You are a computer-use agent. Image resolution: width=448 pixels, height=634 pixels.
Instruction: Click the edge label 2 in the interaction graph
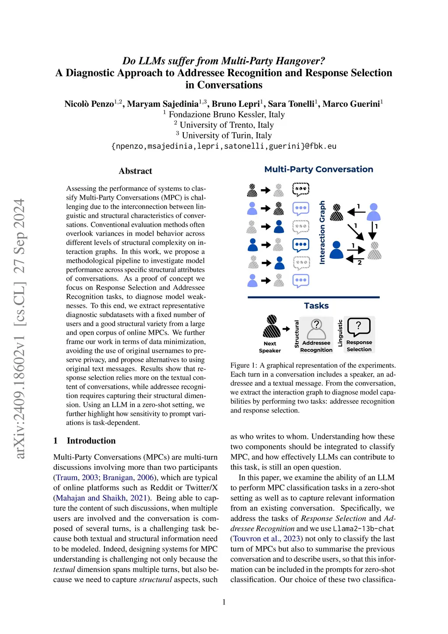(x=360, y=263)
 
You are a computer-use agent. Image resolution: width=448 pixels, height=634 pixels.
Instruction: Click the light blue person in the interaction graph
(x=373, y=212)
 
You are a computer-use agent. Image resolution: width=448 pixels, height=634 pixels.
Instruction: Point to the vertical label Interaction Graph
(x=322, y=232)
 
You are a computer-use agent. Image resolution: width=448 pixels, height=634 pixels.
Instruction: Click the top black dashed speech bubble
(x=301, y=190)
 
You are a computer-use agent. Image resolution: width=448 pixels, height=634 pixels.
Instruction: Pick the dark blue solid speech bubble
(x=301, y=244)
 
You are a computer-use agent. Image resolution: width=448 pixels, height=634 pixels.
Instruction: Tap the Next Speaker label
(x=270, y=347)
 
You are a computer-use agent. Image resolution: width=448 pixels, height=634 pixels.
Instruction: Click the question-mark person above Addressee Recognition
(x=316, y=329)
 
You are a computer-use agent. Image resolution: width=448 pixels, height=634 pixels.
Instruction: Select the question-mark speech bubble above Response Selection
(x=359, y=327)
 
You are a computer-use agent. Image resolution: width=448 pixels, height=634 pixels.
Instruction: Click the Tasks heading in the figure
(x=316, y=306)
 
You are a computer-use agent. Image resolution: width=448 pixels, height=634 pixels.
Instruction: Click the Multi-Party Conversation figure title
(x=318, y=169)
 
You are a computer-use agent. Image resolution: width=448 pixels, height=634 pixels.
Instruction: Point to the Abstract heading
(x=135, y=171)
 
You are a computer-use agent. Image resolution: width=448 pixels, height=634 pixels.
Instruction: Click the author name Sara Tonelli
(x=291, y=104)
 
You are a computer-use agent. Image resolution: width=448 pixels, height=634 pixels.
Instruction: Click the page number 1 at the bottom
(x=224, y=602)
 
